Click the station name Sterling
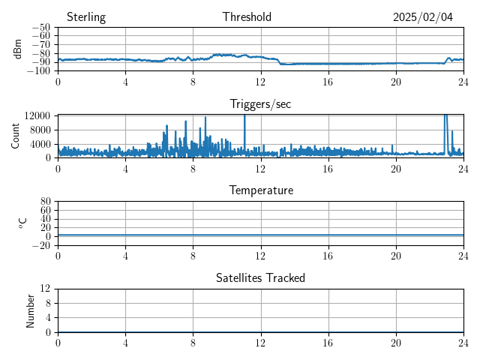(x=86, y=17)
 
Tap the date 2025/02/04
(x=423, y=17)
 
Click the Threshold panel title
(x=247, y=17)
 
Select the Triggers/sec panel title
(x=260, y=104)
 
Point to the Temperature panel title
(x=261, y=190)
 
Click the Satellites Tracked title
(x=261, y=278)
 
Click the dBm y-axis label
(x=18, y=49)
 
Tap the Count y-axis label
(x=15, y=136)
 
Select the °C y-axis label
(x=22, y=223)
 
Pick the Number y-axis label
(x=31, y=310)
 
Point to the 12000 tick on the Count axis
(x=37, y=115)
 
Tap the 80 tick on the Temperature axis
(x=45, y=202)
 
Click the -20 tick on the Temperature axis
(x=40, y=245)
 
